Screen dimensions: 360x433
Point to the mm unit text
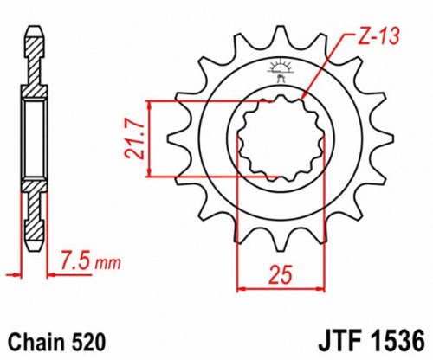click(108, 261)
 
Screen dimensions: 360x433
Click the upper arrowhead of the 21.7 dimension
click(152, 106)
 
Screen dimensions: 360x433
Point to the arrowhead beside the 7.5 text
click(48, 274)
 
